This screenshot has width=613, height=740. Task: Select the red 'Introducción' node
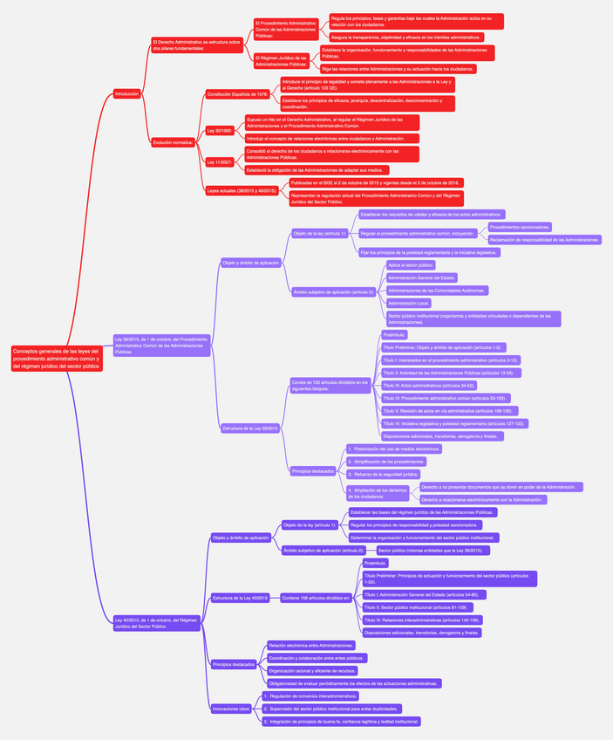pyautogui.click(x=126, y=93)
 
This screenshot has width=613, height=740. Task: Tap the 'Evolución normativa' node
pyautogui.click(x=173, y=141)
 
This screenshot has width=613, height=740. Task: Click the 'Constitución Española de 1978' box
pyautogui.click(x=237, y=93)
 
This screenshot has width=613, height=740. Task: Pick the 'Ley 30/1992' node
pyautogui.click(x=220, y=130)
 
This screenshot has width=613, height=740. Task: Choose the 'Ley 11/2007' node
pyautogui.click(x=220, y=161)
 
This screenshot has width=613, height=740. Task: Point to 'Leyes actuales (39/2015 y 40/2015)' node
pyautogui.click(x=242, y=189)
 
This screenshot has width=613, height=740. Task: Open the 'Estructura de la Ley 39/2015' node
pyautogui.click(x=250, y=428)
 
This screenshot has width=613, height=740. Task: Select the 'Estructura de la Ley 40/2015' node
pyautogui.click(x=241, y=598)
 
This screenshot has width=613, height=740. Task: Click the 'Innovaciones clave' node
pyautogui.click(x=233, y=709)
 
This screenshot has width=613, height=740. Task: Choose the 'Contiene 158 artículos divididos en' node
pyautogui.click(x=316, y=598)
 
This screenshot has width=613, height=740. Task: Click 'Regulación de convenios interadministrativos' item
pyautogui.click(x=311, y=695)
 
